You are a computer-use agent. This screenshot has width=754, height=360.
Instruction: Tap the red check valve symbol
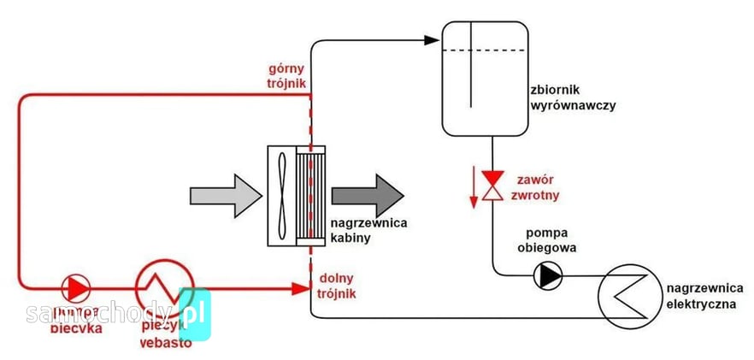pyautogui.click(x=492, y=185)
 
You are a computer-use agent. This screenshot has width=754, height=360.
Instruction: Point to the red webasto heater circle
pyautogui.click(x=165, y=288)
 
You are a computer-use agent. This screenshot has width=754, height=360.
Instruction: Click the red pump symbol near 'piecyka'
pyautogui.click(x=76, y=288)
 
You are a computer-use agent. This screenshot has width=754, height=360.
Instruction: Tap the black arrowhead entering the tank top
pyautogui.click(x=432, y=39)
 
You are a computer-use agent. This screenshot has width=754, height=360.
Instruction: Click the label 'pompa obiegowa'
pyautogui.click(x=546, y=241)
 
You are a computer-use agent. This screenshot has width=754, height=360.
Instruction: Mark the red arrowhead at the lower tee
pyautogui.click(x=300, y=289)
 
